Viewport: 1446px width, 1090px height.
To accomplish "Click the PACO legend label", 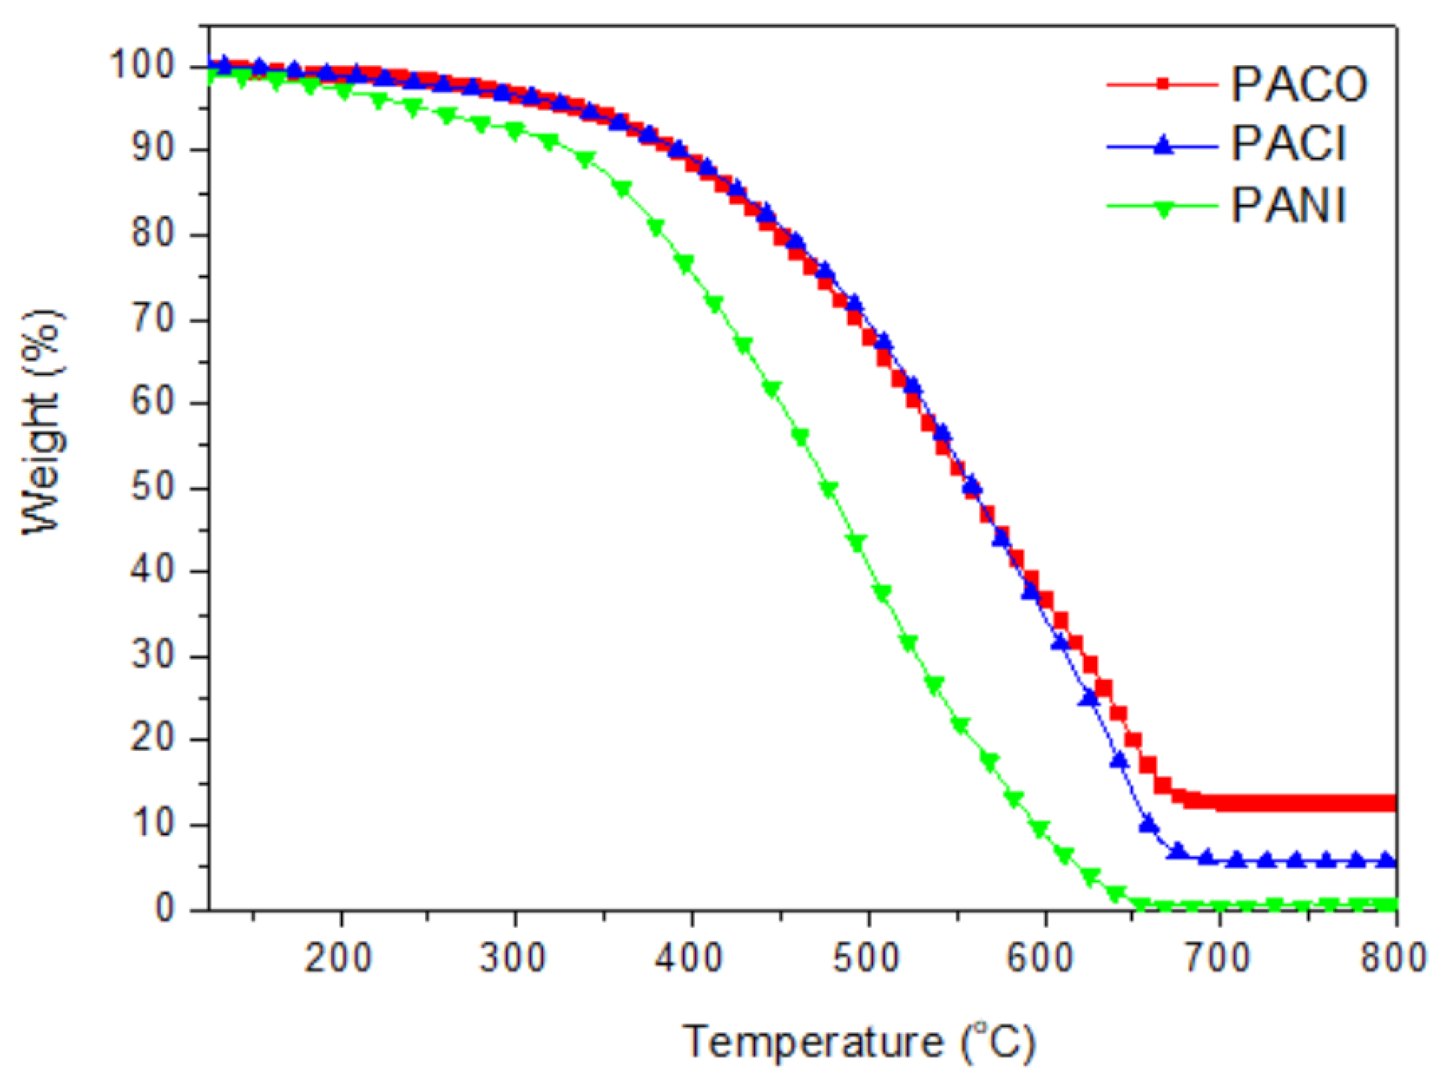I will pos(1299,85).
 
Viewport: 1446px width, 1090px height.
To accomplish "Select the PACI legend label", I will pos(1289,144).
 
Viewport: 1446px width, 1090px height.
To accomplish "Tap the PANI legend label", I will pos(1289,206).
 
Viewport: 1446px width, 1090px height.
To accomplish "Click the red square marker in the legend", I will pos(1162,84).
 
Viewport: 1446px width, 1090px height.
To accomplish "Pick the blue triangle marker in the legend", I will pos(1162,145).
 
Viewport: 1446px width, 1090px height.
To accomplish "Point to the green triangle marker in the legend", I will pos(1162,209).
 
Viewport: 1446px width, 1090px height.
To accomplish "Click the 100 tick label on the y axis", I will pos(142,65).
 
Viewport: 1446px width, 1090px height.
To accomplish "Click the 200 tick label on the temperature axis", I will pos(338,958).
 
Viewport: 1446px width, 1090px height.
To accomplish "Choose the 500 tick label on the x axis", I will pos(866,958).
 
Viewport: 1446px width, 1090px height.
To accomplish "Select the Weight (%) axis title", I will pos(42,424).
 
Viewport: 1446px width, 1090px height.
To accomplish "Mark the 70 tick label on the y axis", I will pos(153,319).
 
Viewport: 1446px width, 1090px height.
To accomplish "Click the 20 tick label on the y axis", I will pos(153,739).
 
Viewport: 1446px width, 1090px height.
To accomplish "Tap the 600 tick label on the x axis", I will pos(1041,958).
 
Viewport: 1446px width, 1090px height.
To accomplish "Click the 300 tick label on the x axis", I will pos(513,958).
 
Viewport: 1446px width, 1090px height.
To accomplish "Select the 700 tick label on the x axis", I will pos(1218,958).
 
